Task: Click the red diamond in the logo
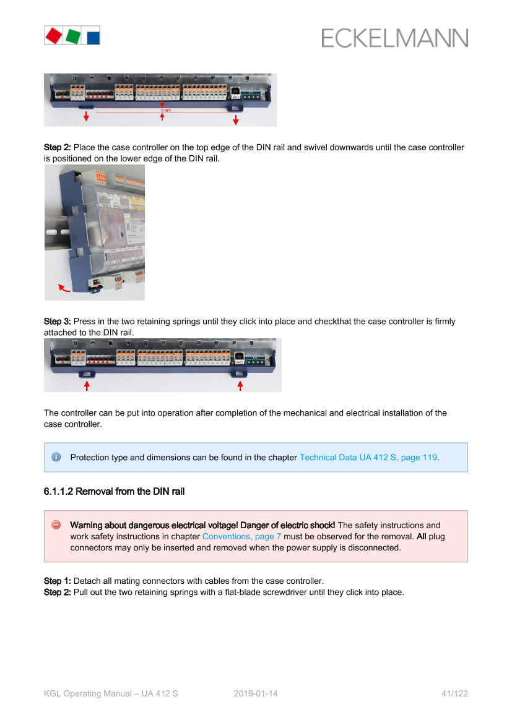(x=54, y=35)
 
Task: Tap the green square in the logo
(x=73, y=36)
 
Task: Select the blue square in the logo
(x=93, y=38)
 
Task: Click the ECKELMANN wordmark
(x=395, y=38)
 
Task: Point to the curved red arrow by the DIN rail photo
(x=64, y=288)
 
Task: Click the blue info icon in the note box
(x=56, y=457)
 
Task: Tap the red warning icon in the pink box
(x=56, y=524)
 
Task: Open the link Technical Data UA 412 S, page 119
(x=368, y=458)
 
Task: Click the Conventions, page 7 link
(x=241, y=537)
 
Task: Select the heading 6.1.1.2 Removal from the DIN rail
(x=114, y=492)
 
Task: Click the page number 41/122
(x=455, y=693)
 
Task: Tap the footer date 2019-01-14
(x=256, y=693)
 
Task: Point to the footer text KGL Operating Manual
(x=88, y=693)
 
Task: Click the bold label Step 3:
(x=57, y=322)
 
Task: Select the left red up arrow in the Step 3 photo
(x=87, y=385)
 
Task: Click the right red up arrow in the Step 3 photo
(x=240, y=385)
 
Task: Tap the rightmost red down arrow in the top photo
(x=236, y=120)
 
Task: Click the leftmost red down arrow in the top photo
(x=86, y=116)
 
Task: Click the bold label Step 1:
(x=57, y=581)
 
